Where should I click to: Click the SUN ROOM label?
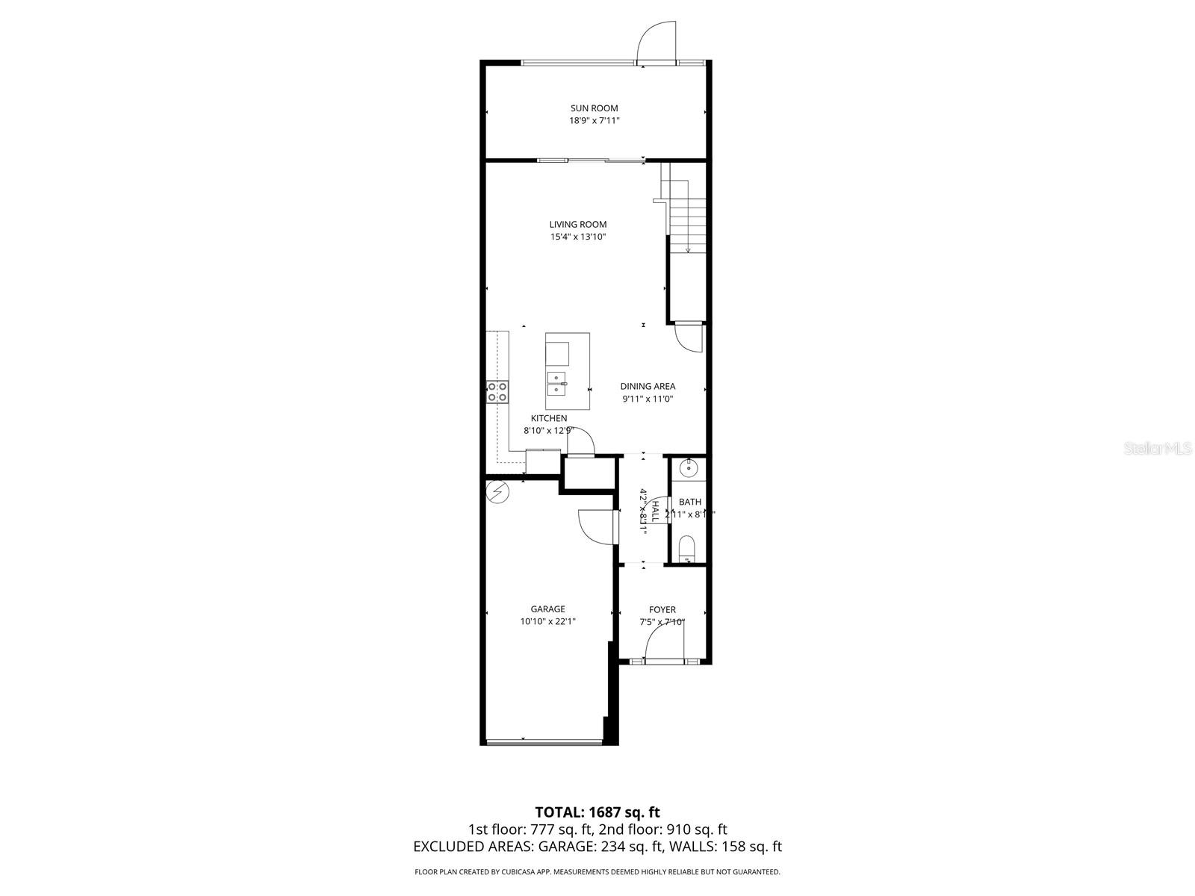pos(594,108)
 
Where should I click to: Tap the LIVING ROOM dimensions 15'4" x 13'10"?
pos(577,237)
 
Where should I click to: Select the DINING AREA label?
pos(648,386)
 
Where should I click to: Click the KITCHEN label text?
pos(549,418)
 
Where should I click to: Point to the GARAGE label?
pos(547,609)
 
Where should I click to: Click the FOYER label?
pos(662,609)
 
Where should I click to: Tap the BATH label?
pos(689,502)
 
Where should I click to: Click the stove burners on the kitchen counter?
pos(497,391)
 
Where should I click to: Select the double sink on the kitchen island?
pos(556,383)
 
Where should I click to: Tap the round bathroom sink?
pos(689,469)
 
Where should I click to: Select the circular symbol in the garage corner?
pos(497,491)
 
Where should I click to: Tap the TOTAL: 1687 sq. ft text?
pos(597,812)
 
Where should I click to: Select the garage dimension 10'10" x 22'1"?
pos(547,621)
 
